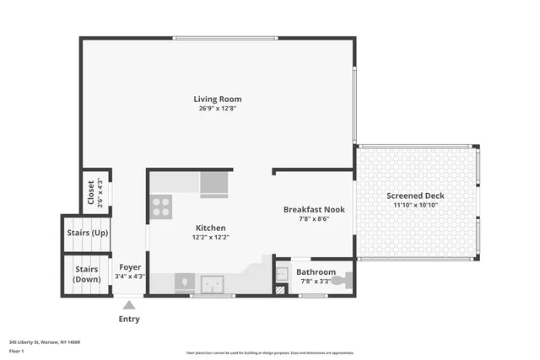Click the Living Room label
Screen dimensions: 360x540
point(218,99)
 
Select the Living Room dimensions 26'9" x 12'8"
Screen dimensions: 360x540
point(218,109)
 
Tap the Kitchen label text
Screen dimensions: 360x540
point(211,228)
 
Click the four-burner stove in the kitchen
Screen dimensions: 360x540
point(160,207)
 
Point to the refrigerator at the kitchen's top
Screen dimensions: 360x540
point(214,183)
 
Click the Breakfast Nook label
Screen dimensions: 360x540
point(312,208)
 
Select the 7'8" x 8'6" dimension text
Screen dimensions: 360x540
point(312,218)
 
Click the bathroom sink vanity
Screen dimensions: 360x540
point(282,274)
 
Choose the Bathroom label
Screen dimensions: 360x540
point(316,271)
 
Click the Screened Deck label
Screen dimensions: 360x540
point(415,196)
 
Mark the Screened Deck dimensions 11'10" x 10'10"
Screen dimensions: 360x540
point(415,205)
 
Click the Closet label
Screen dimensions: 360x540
point(91,192)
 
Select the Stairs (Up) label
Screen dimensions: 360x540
point(87,234)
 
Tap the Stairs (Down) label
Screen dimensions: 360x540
point(87,274)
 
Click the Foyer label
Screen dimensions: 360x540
point(130,267)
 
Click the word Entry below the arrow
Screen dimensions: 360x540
point(129,320)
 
